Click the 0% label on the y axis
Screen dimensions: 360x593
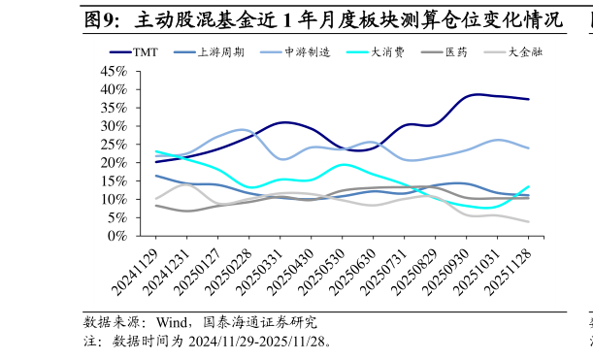pos(117,236)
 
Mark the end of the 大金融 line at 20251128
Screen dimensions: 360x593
pos(529,221)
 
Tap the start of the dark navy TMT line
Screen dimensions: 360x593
pos(155,161)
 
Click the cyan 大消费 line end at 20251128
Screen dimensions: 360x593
pos(529,186)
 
